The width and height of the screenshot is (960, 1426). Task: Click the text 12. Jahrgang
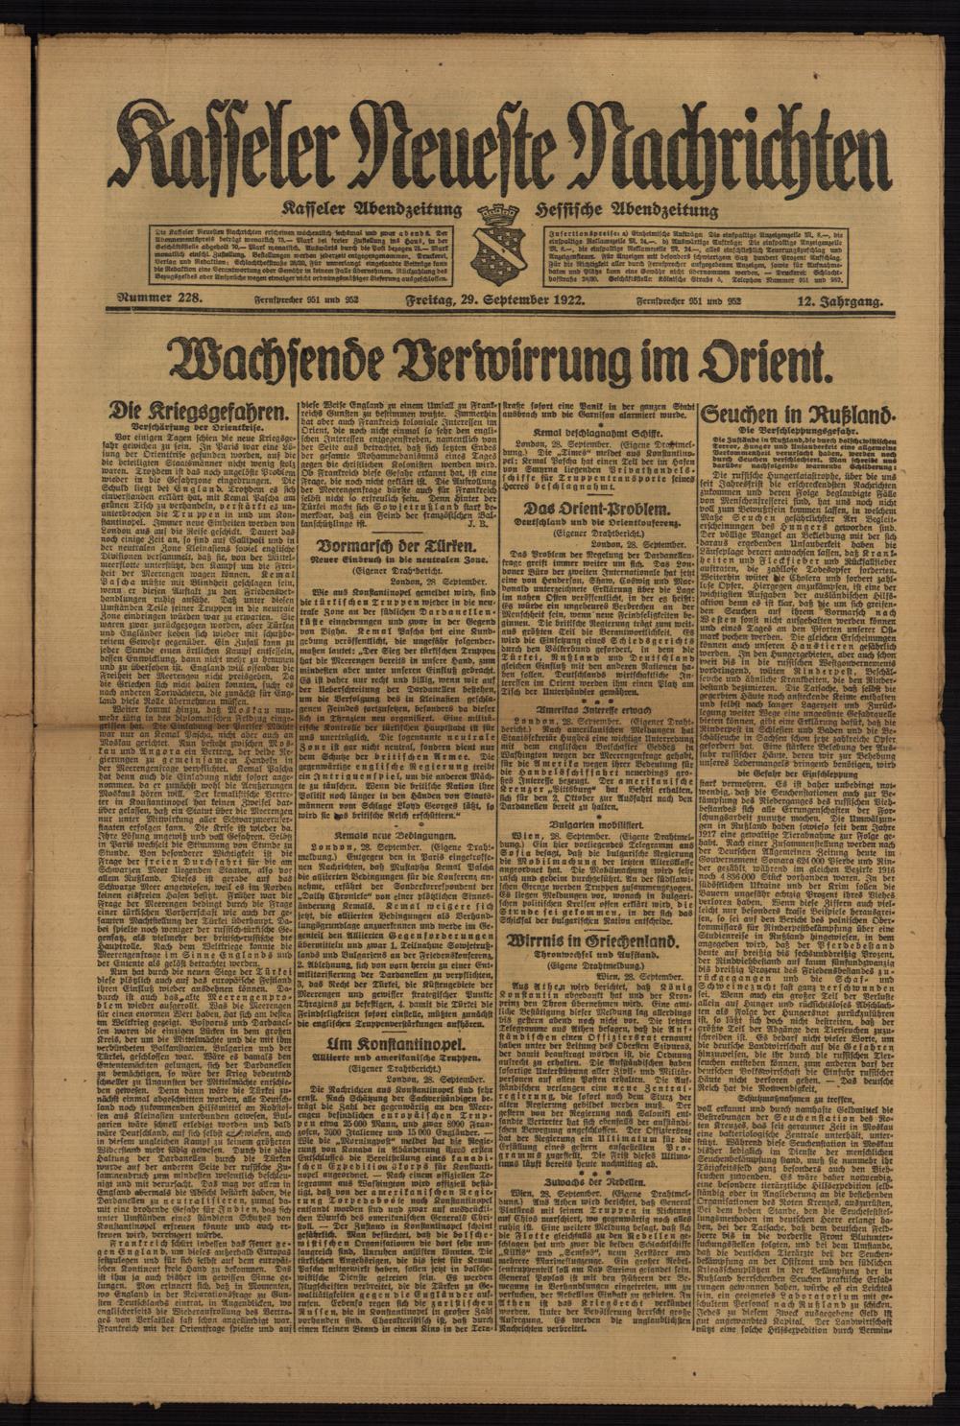[840, 303]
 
